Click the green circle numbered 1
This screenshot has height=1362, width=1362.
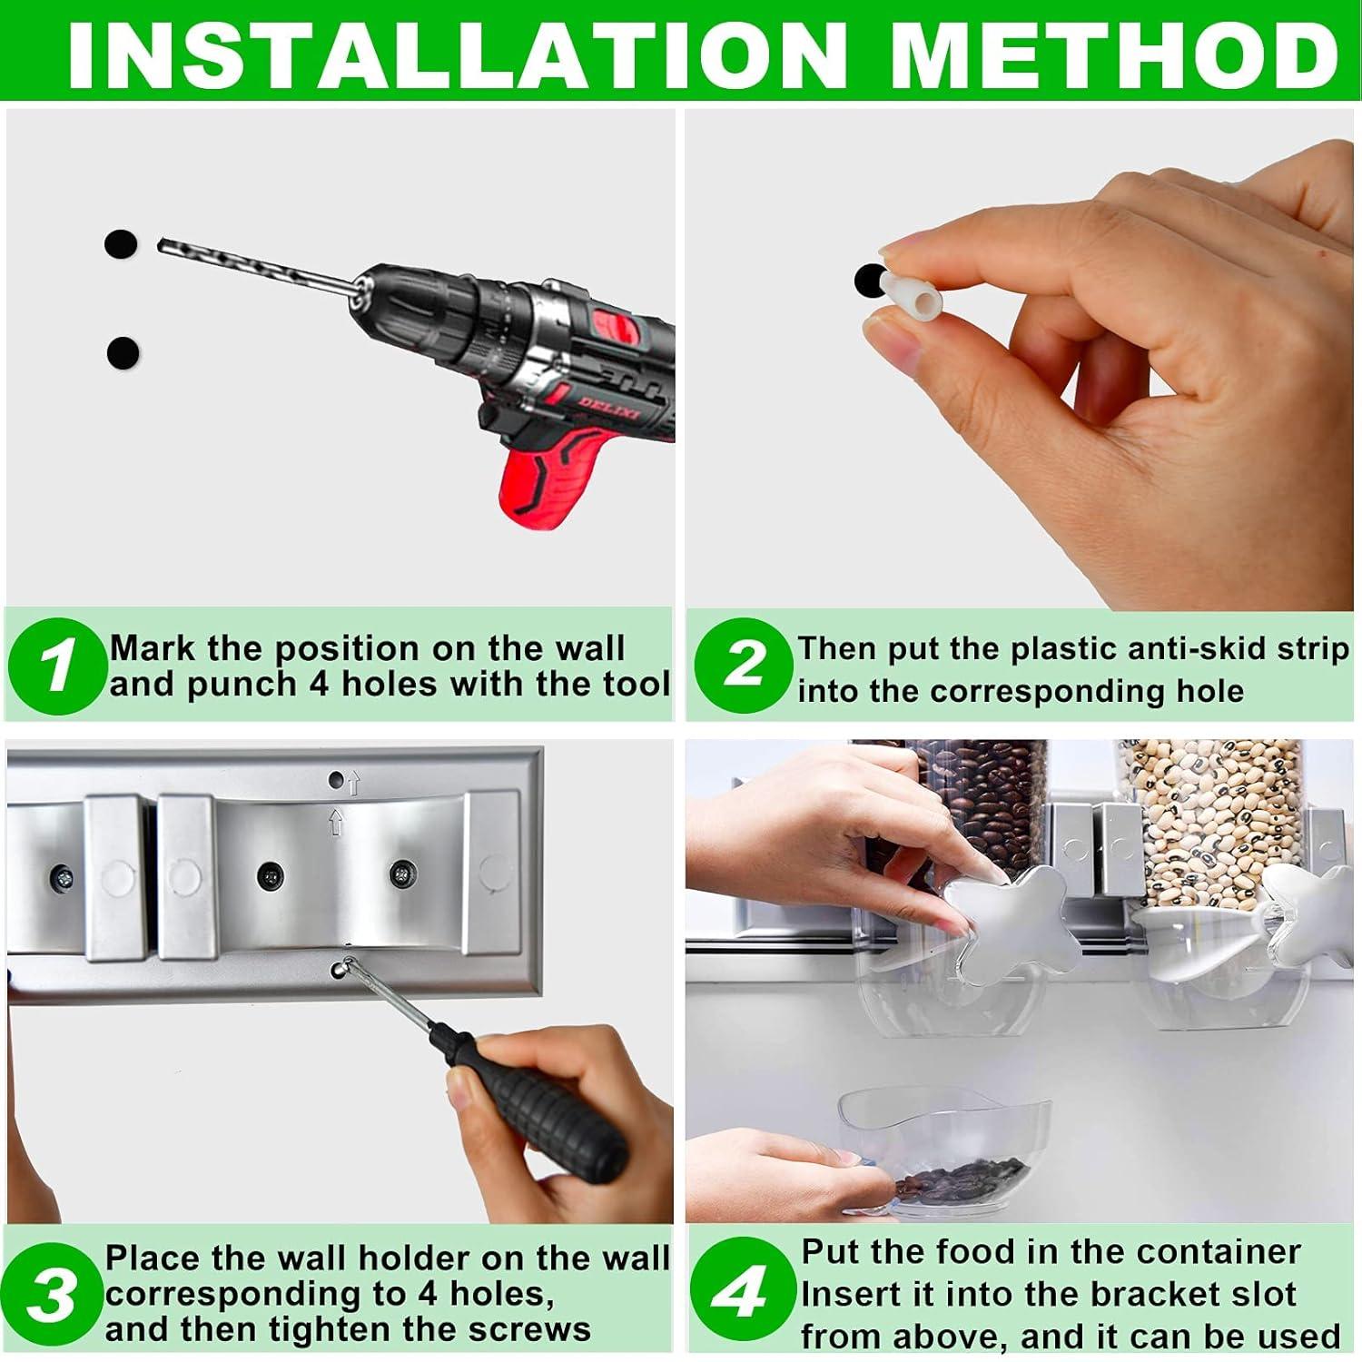[56, 666]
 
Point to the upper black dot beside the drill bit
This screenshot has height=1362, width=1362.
[121, 243]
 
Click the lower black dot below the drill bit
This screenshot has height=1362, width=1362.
[123, 352]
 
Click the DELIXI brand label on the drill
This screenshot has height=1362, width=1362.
[609, 406]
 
